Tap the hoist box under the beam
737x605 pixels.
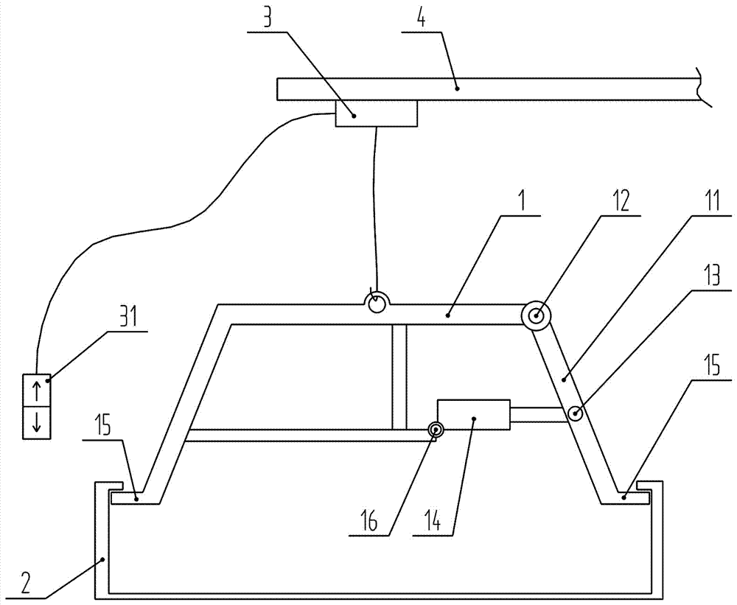coord(376,114)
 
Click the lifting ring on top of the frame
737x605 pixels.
coord(377,302)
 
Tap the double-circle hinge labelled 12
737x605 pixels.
coord(537,316)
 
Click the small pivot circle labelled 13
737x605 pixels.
coord(574,414)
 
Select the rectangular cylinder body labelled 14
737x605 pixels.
coord(474,415)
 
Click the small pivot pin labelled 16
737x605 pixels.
coord(436,430)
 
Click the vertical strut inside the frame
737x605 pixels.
coord(399,376)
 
